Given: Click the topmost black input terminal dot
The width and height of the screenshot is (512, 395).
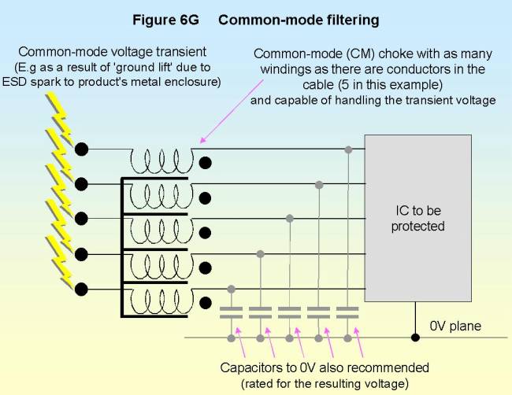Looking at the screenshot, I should (x=80, y=149).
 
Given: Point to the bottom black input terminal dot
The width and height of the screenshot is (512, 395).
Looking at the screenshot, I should (x=80, y=290).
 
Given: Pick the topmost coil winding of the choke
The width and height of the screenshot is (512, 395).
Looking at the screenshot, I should (x=161, y=161).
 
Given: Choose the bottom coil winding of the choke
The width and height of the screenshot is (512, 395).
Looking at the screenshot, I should (x=161, y=301).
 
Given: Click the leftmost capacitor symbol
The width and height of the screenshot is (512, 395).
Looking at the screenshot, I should (x=231, y=310).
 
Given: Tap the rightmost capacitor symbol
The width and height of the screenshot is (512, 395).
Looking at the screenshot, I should (x=347, y=310).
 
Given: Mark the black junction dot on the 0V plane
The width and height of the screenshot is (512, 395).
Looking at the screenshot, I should (x=415, y=338).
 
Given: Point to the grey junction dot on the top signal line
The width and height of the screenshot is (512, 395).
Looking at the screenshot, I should (x=347, y=148).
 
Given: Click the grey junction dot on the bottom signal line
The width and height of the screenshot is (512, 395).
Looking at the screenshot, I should (x=231, y=289).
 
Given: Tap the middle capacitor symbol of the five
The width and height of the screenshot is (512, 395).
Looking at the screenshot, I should (x=289, y=310).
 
